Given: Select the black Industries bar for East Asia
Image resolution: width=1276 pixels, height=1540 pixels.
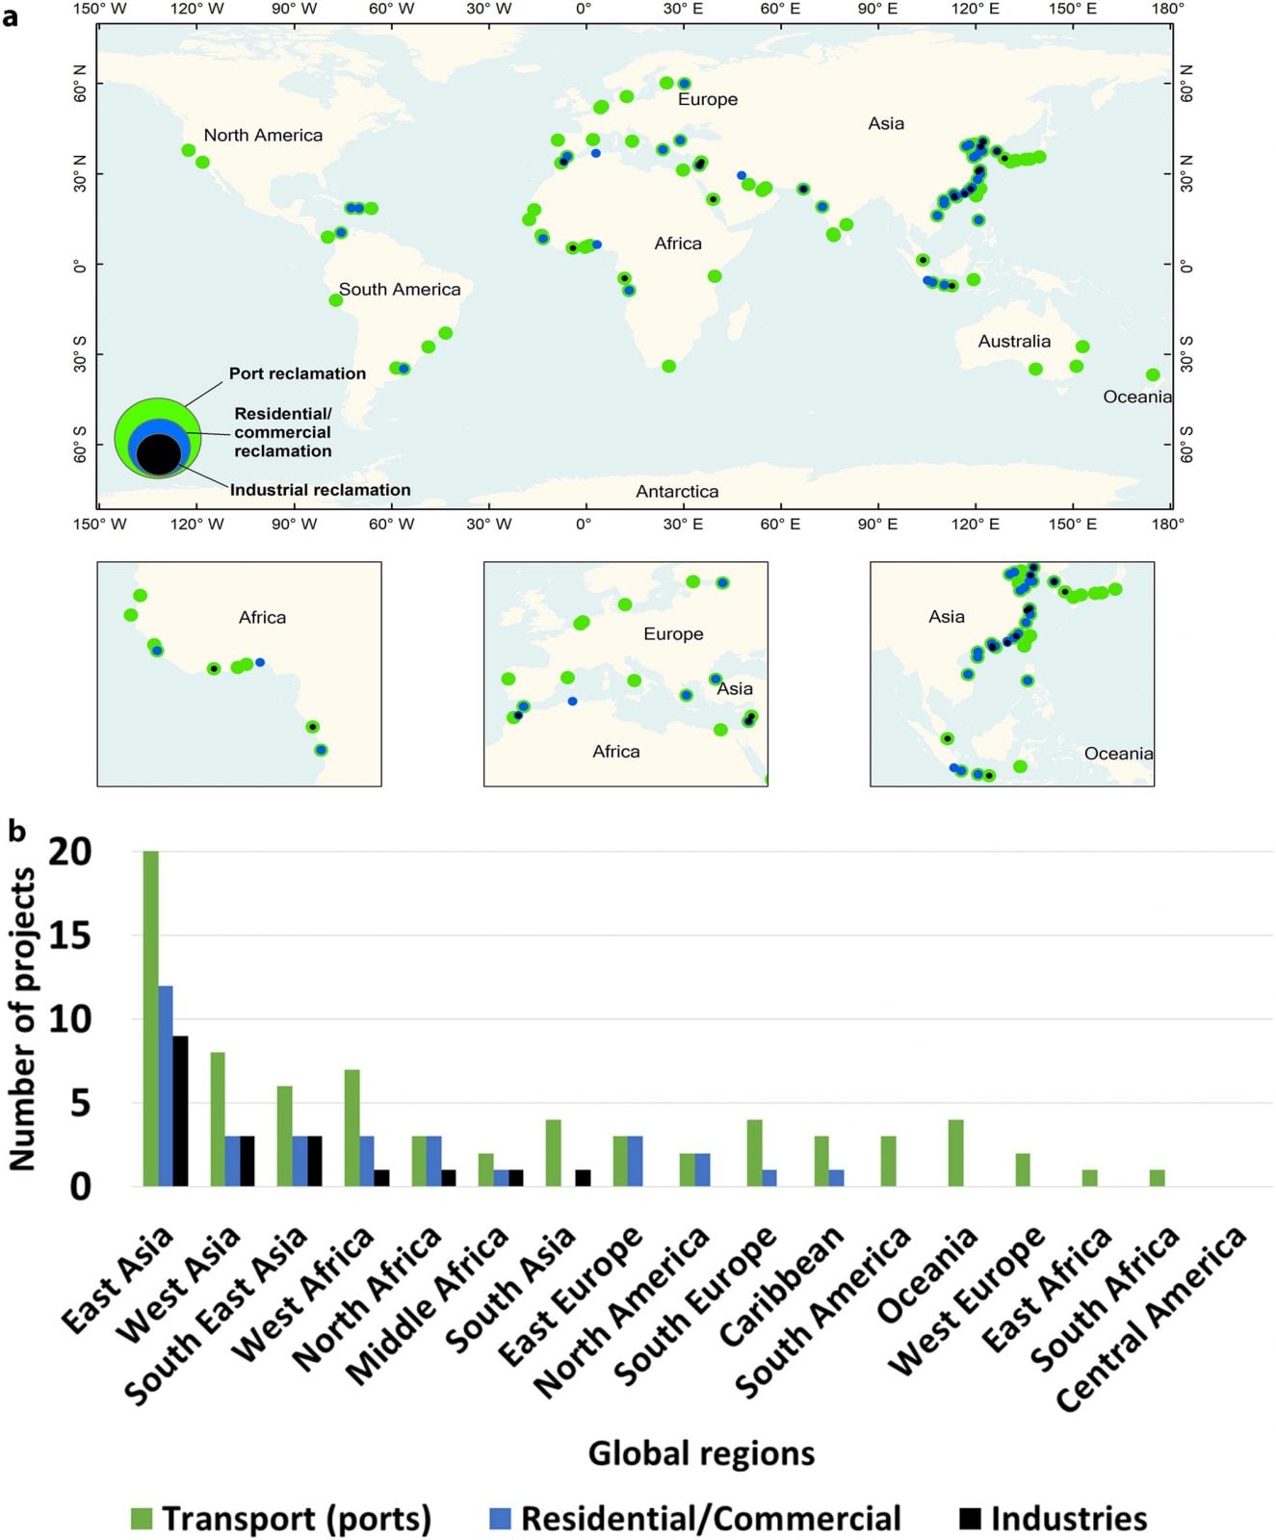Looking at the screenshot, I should coord(180,1111).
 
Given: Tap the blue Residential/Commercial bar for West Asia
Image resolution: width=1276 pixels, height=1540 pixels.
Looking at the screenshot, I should coord(232,1161).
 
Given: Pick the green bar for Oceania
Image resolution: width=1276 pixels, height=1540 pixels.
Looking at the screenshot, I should coord(955,1153).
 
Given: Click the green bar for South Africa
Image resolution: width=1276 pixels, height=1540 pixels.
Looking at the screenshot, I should coord(1157,1178).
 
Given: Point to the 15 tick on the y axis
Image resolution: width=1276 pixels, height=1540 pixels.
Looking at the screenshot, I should coord(69,936).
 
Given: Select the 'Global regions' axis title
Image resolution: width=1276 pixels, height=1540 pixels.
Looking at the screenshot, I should coord(701,1452).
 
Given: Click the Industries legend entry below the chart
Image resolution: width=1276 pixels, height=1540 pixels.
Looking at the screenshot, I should coord(1054,1519).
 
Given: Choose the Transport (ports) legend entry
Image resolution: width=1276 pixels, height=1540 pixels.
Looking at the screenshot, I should coord(281,1519).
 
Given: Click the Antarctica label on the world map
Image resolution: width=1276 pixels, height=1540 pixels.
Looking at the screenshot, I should coord(677,492).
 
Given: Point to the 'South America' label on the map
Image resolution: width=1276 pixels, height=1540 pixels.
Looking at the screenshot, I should coord(400,290).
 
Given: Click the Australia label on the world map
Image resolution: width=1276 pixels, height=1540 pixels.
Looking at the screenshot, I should coord(1014,342).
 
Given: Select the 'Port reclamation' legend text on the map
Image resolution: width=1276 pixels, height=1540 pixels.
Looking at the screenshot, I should coord(298,373).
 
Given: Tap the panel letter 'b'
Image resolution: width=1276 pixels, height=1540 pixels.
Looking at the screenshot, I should coord(16,831).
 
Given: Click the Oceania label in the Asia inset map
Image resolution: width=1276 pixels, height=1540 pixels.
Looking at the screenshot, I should coord(1118,754).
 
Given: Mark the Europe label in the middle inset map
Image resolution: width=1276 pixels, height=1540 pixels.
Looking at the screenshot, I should coord(673,634).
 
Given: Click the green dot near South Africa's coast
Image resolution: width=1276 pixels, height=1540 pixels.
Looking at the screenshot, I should coord(669,367).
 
